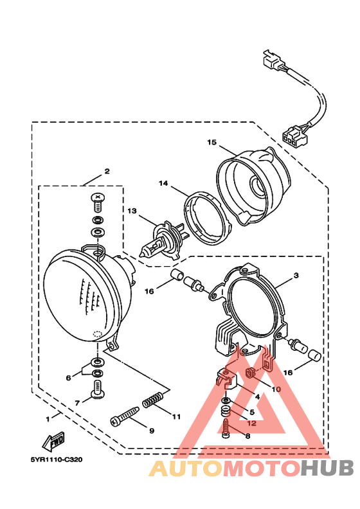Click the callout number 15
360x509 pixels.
pos(212,142)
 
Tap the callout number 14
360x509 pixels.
pos(163,183)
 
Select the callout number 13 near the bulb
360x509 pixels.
pos(132,211)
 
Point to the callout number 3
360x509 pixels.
pos(296,275)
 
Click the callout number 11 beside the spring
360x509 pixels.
pos(176,416)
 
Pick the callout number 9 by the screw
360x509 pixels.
pos(152,431)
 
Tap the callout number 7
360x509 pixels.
pos(77,403)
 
